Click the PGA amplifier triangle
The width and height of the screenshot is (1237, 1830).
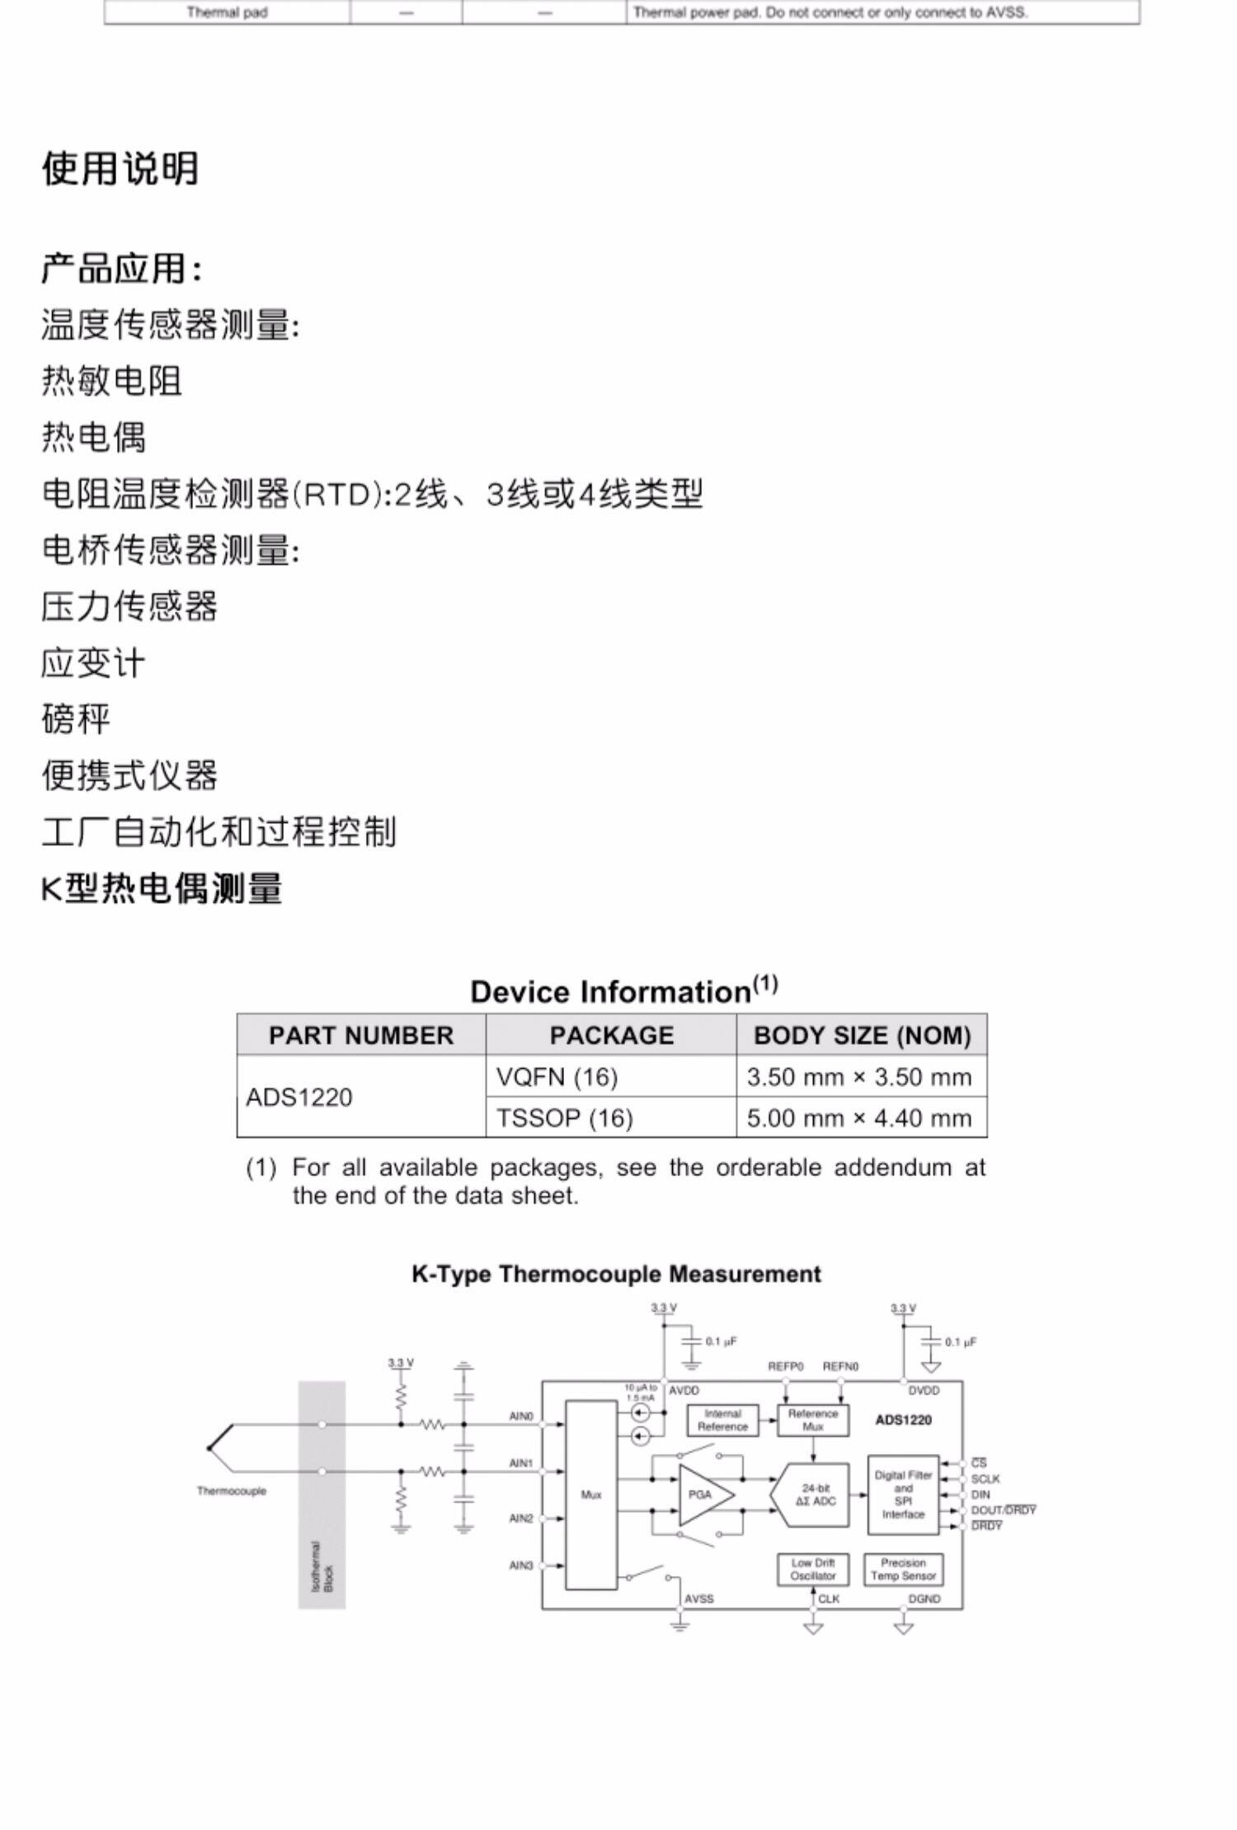pyautogui.click(x=703, y=1494)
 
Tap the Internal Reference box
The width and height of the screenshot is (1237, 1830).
pyautogui.click(x=722, y=1419)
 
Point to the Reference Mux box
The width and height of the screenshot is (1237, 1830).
pyautogui.click(x=812, y=1419)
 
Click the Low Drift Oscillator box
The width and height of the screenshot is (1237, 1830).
pyautogui.click(x=812, y=1569)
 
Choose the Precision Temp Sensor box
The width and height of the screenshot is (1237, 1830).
pyautogui.click(x=903, y=1569)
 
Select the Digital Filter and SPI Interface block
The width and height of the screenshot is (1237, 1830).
pyautogui.click(x=903, y=1494)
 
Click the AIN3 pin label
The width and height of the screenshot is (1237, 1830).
pyautogui.click(x=521, y=1565)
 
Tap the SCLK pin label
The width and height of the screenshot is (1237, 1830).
pyautogui.click(x=985, y=1479)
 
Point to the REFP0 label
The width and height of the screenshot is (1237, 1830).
pyautogui.click(x=785, y=1367)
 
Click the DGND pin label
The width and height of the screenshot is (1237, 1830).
pyautogui.click(x=924, y=1599)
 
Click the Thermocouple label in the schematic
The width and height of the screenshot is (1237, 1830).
pyautogui.click(x=232, y=1491)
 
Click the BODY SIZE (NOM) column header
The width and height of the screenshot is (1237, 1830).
pyautogui.click(x=862, y=1035)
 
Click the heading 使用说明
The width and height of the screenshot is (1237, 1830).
pyautogui.click(x=120, y=168)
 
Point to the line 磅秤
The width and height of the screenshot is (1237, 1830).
pyautogui.click(x=76, y=718)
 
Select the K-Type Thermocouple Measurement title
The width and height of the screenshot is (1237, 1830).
pyautogui.click(x=616, y=1274)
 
